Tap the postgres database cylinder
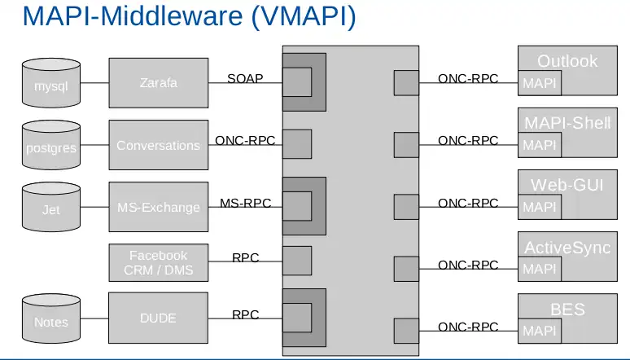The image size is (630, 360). pyautogui.click(x=51, y=146)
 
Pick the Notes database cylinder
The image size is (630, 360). pyautogui.click(x=51, y=319)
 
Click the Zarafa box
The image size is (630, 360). pyautogui.click(x=158, y=83)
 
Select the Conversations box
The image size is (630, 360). pyautogui.click(x=158, y=146)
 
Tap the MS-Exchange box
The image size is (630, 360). pyautogui.click(x=158, y=208)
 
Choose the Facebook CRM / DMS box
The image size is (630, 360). pyautogui.click(x=158, y=262)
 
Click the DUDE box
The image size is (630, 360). pyautogui.click(x=158, y=318)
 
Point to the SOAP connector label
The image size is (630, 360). pyautogui.click(x=245, y=79)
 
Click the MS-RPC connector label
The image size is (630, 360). pyautogui.click(x=245, y=203)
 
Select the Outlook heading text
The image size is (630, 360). pyautogui.click(x=567, y=61)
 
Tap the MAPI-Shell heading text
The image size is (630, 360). pyautogui.click(x=567, y=124)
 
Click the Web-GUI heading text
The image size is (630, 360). pyautogui.click(x=567, y=185)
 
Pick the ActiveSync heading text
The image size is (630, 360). pyautogui.click(x=567, y=248)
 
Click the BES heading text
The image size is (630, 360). pyautogui.click(x=567, y=310)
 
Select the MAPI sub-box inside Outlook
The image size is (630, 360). pyautogui.click(x=540, y=83)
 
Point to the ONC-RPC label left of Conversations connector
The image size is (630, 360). pyautogui.click(x=245, y=141)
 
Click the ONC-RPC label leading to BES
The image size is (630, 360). pyautogui.click(x=468, y=327)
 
